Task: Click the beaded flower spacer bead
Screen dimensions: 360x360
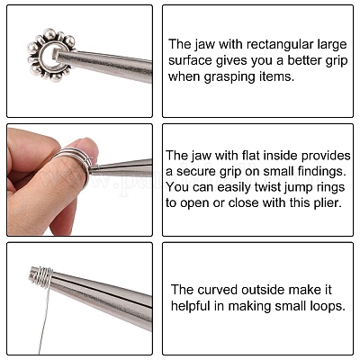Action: [51, 56]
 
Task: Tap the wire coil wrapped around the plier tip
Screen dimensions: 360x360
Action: [41, 276]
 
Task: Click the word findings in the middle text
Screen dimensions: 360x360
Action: [319, 171]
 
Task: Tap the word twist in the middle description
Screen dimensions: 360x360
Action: [266, 187]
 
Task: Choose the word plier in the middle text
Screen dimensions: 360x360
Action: [328, 203]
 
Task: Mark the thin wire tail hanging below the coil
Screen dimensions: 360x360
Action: [43, 319]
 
